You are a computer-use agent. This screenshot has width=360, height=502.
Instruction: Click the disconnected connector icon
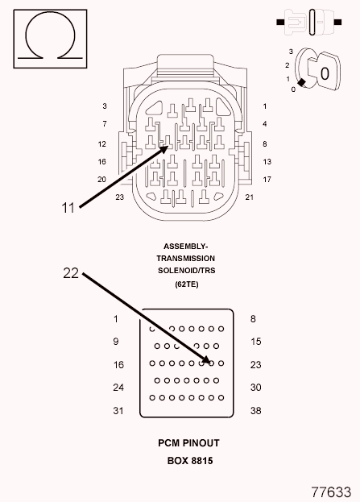tap(309, 22)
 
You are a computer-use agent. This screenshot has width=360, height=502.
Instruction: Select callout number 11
tap(68, 208)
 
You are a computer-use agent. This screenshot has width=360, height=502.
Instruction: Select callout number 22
tap(71, 273)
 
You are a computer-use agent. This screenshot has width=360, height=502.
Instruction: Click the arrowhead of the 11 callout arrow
tap(165, 149)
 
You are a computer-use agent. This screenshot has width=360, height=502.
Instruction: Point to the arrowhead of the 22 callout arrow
tap(206, 360)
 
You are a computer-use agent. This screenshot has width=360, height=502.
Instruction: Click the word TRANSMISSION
tap(185, 259)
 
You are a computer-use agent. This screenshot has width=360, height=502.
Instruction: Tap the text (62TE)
tap(187, 284)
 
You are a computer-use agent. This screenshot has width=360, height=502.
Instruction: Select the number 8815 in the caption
tap(202, 461)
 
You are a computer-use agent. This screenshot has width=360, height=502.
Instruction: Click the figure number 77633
tap(331, 492)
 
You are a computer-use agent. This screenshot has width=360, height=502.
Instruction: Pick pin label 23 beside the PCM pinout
tap(255, 365)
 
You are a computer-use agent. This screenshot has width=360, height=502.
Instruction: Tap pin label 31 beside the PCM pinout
tap(118, 410)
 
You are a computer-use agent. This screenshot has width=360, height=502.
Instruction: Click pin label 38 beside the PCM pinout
tap(255, 410)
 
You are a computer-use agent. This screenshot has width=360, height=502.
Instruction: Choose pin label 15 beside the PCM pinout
tap(255, 342)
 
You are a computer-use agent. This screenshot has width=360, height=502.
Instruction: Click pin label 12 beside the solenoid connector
tap(102, 144)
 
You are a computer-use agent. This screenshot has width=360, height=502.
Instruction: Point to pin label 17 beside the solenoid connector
tap(267, 180)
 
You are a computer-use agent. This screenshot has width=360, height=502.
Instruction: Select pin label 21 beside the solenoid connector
tap(250, 197)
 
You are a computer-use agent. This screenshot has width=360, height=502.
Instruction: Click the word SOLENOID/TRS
tap(187, 271)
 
